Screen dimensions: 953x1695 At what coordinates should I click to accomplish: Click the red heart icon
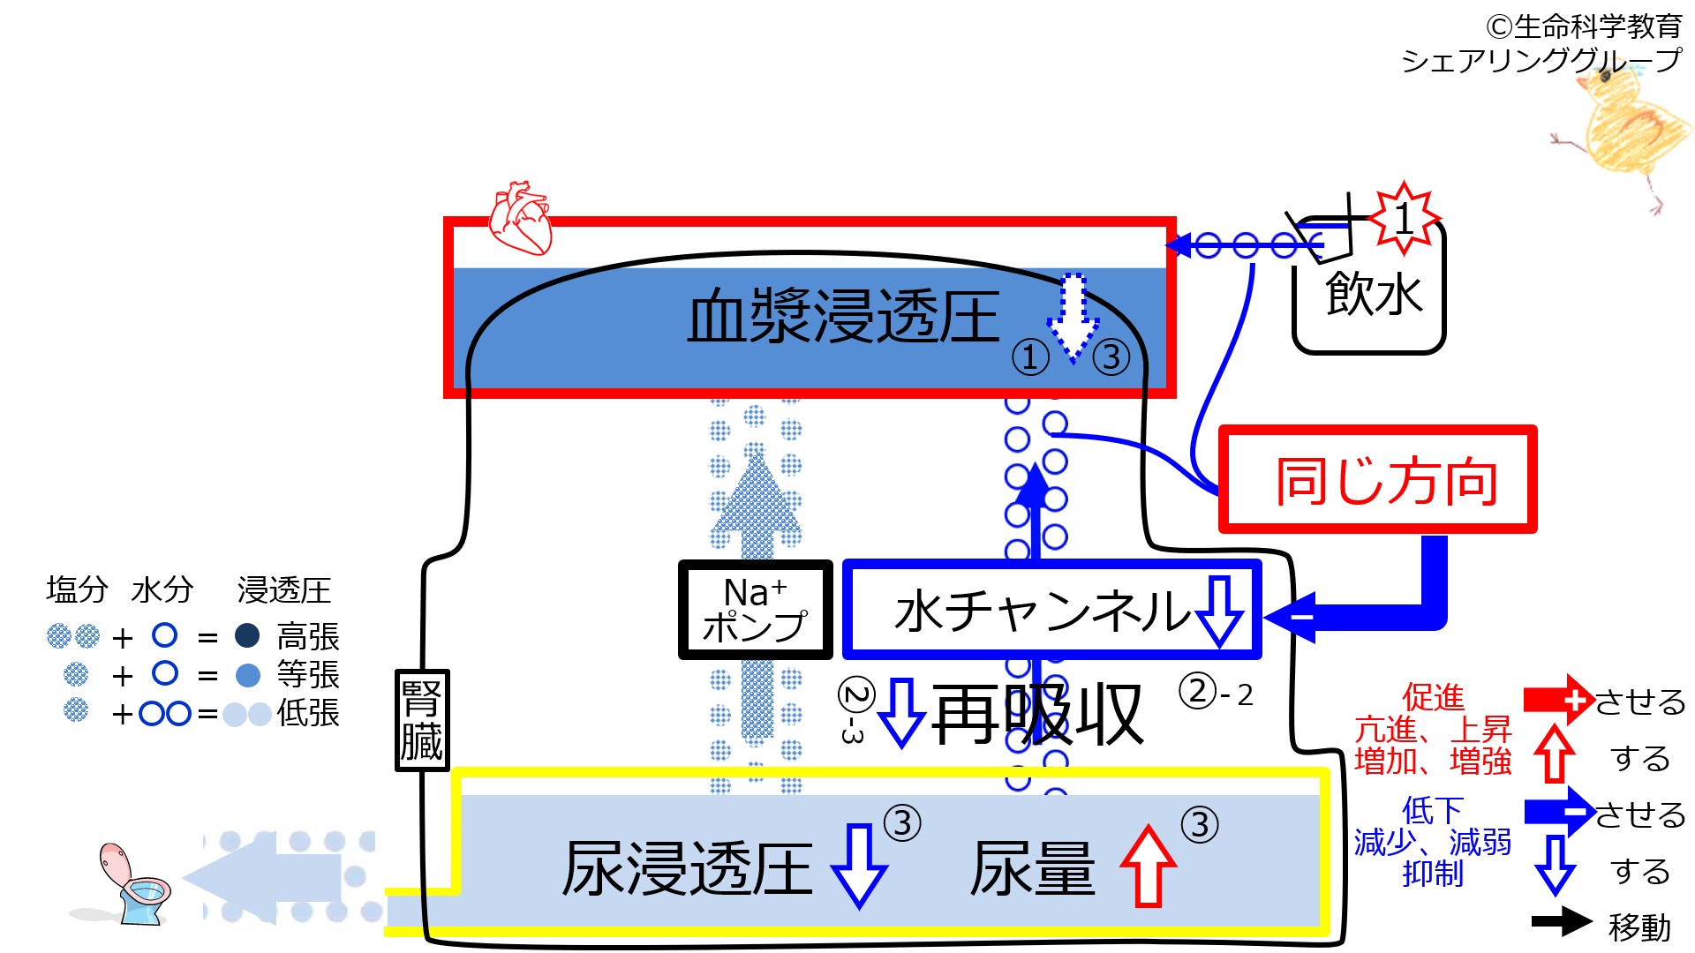pyautogui.click(x=521, y=218)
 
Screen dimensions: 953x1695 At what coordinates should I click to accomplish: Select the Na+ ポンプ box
pyautogui.click(x=755, y=610)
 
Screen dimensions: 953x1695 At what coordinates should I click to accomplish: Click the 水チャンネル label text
pyautogui.click(x=1042, y=611)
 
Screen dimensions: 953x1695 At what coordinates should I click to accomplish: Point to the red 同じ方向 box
pyautogui.click(x=1377, y=480)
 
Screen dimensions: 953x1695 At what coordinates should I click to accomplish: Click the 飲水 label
pyautogui.click(x=1374, y=294)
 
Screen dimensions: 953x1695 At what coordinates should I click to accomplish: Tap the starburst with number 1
pyautogui.click(x=1405, y=217)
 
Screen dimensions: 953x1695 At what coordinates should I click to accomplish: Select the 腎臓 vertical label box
pyautogui.click(x=422, y=719)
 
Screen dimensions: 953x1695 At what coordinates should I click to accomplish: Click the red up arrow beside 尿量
pyautogui.click(x=1148, y=867)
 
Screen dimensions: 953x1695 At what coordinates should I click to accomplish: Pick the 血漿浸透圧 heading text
pyautogui.click(x=843, y=318)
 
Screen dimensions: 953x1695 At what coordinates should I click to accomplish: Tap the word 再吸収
pyautogui.click(x=1037, y=715)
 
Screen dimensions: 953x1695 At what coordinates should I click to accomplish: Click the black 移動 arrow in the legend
pyautogui.click(x=1561, y=922)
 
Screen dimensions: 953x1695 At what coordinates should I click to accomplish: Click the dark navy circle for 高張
pyautogui.click(x=247, y=635)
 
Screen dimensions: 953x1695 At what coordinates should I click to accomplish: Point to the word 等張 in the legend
pyautogui.click(x=308, y=675)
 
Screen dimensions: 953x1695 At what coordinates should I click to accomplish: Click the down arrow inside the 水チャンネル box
pyautogui.click(x=1219, y=611)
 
